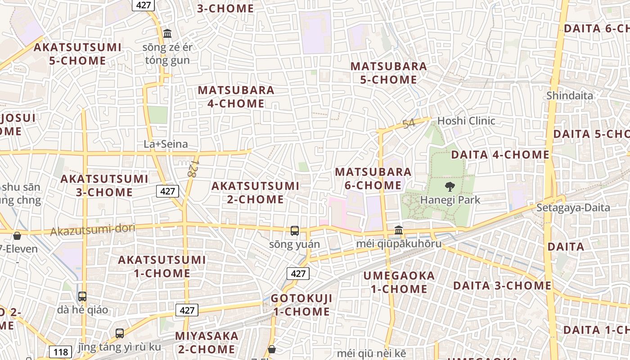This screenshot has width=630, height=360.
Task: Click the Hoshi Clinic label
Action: point(466,121)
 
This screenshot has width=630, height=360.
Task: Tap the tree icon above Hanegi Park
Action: point(450,187)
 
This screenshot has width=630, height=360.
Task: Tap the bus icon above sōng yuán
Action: point(295,231)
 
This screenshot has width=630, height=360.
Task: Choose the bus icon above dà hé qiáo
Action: point(82,297)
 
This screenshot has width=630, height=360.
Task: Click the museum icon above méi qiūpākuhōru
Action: point(399,230)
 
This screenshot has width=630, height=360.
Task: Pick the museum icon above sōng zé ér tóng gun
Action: point(167,33)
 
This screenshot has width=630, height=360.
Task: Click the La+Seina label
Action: point(166,144)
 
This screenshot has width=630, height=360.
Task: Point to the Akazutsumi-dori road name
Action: point(93,229)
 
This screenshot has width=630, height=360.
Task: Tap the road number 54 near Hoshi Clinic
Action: point(409,124)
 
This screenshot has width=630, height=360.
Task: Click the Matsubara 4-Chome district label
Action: point(236,96)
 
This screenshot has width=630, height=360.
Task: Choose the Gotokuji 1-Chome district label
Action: point(301,305)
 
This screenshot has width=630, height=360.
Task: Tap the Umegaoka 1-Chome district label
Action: point(399,282)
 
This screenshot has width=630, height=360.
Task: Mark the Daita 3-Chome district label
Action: point(502,285)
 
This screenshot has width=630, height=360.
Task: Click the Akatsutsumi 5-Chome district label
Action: point(77,54)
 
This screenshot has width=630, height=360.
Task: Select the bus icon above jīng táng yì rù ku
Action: point(120,333)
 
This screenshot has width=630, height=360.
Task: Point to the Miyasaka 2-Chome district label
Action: point(207,342)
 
